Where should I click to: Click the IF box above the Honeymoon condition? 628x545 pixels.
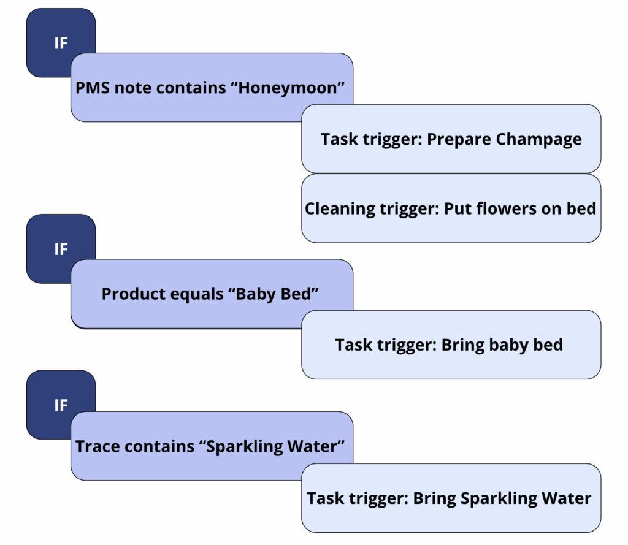[60, 44]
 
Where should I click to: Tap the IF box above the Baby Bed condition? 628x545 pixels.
[60, 249]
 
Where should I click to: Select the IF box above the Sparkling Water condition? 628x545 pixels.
[60, 405]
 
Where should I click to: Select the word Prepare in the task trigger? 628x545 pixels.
[456, 139]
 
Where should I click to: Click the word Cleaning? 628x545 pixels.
[338, 208]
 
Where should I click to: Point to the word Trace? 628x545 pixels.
[98, 446]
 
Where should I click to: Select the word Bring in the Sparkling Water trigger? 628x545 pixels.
[435, 498]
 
